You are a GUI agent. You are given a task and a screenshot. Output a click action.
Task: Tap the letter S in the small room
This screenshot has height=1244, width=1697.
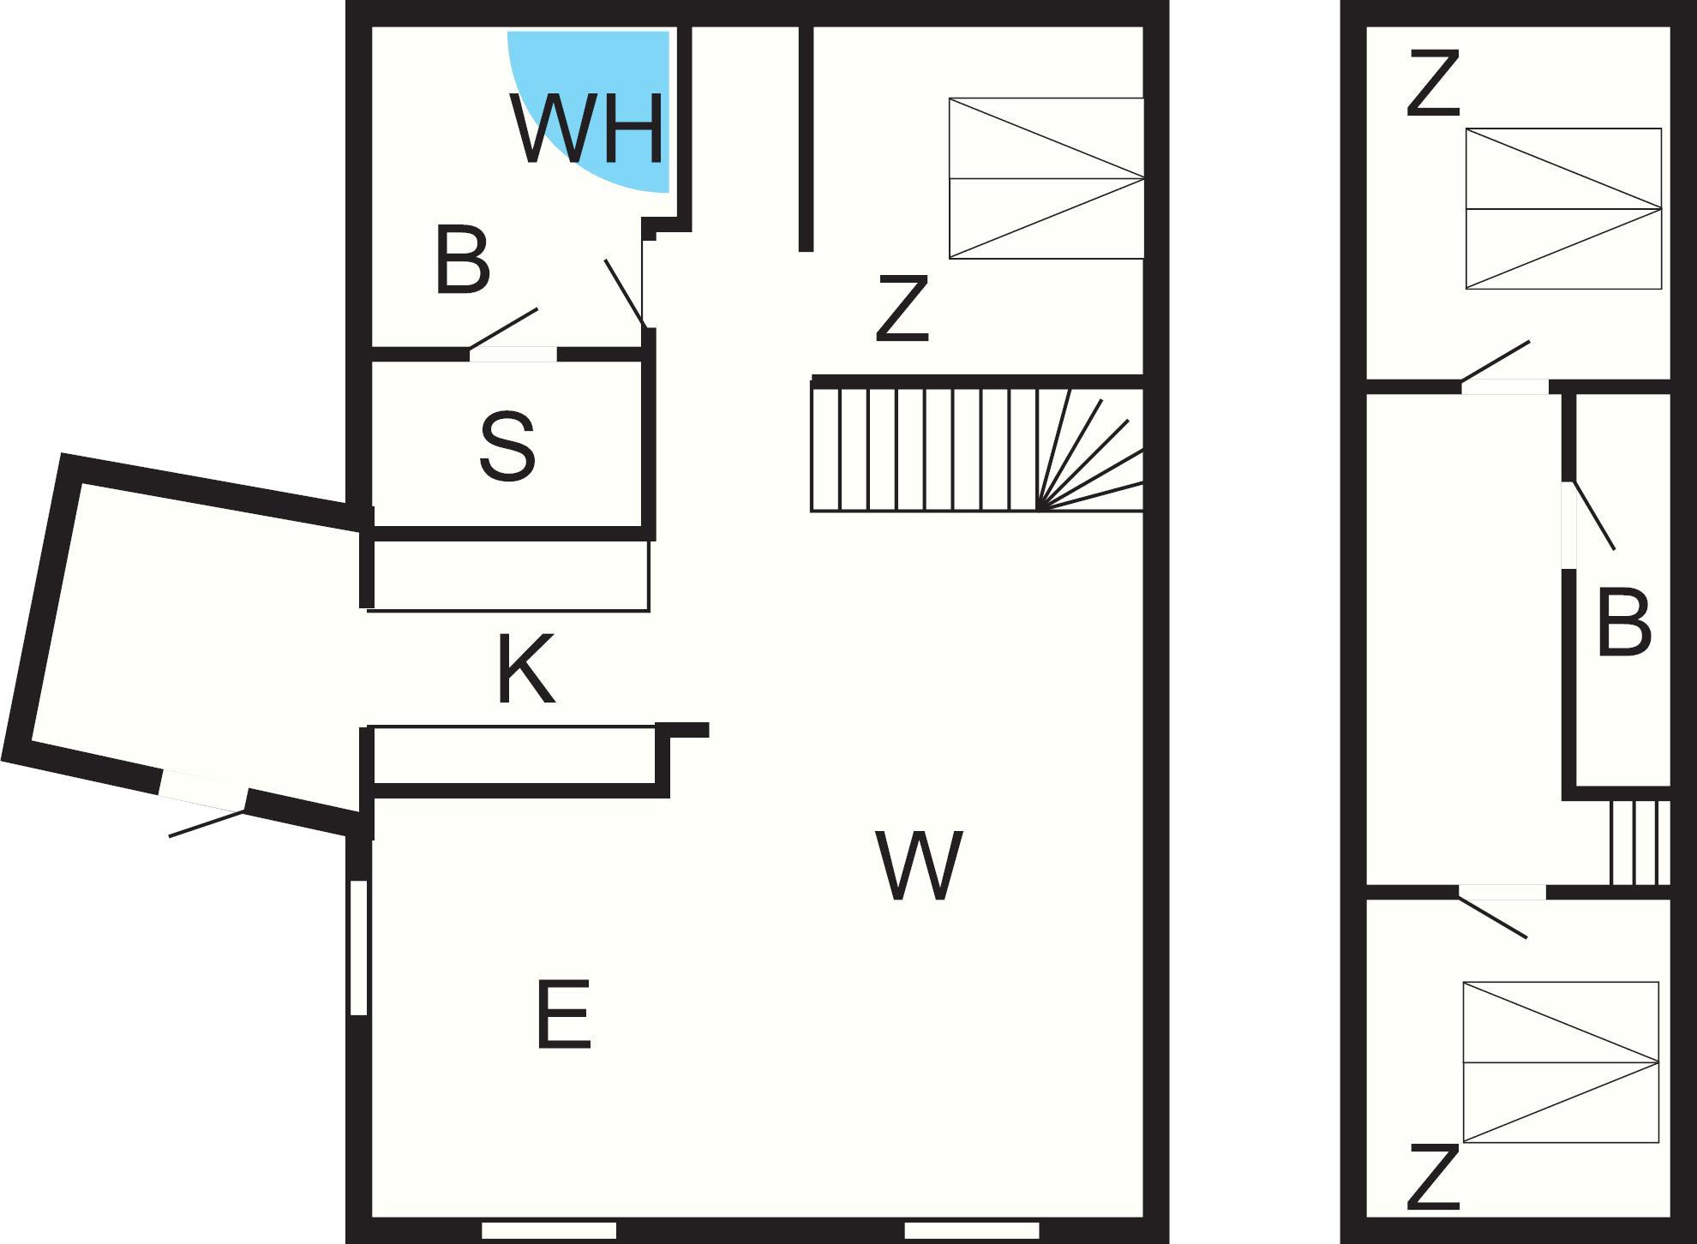507,446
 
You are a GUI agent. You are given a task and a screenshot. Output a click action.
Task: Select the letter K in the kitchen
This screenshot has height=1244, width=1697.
525,668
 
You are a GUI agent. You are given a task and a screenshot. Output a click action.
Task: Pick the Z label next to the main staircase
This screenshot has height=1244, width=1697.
902,308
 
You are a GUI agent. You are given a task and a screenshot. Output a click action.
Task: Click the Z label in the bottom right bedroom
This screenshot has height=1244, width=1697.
1433,1177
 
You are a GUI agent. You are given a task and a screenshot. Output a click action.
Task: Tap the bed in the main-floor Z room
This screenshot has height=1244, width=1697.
1046,178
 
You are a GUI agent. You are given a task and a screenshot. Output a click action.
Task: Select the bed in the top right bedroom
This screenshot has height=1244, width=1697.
1563,208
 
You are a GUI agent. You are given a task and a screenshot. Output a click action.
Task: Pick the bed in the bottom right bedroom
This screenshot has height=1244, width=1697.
1561,1062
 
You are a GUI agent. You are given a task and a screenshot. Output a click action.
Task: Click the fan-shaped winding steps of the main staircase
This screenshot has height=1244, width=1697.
1090,450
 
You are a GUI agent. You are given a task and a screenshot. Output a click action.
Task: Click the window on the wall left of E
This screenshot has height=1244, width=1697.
359,948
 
